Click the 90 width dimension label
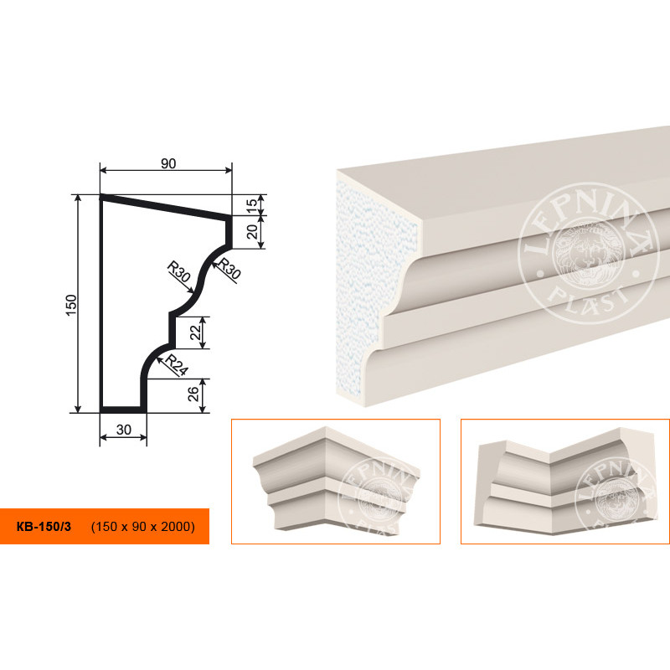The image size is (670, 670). click(168, 163)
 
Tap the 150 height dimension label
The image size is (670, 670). click(71, 305)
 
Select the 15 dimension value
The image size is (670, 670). click(253, 204)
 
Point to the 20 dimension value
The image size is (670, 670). click(253, 232)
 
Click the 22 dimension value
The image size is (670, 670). click(195, 332)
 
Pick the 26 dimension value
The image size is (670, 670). click(194, 394)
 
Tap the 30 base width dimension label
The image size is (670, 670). click(123, 430)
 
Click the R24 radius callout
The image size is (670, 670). click(176, 365)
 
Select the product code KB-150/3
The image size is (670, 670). click(44, 527)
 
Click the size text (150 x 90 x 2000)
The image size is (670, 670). click(142, 527)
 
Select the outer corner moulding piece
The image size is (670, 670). click(336, 479)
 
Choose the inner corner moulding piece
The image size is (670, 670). click(564, 479)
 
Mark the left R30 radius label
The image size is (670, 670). click(178, 271)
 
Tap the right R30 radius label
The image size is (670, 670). click(229, 268)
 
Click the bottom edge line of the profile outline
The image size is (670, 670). click(123, 410)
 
